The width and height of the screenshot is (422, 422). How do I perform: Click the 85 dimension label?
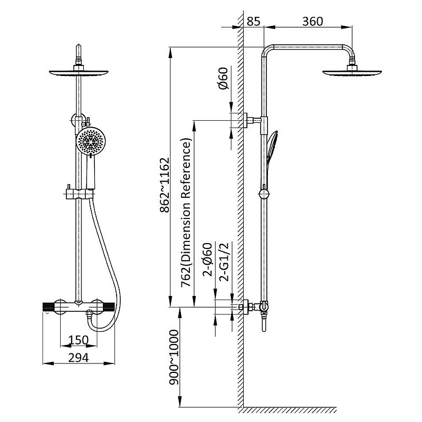pos(253,21)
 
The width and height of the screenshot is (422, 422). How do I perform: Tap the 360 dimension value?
pos(312,21)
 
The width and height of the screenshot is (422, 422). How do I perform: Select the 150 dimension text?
pos(78,340)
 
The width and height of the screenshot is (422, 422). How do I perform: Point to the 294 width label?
pos(78,358)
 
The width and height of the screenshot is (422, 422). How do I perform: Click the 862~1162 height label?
pos(165,185)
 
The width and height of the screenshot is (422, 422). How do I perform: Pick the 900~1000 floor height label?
pos(174,357)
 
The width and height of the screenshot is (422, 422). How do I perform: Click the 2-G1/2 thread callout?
pos(224,262)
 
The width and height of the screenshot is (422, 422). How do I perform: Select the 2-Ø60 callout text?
pos(208,260)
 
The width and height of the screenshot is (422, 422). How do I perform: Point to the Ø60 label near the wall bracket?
pos(223,78)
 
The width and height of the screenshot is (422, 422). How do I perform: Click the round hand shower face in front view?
pos(91,141)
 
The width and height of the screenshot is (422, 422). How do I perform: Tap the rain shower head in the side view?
pos(352,72)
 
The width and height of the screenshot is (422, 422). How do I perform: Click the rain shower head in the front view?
pos(79,72)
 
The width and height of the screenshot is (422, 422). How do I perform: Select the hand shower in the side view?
pos(271,149)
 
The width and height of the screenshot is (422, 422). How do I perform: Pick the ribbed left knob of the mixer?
pos(49,307)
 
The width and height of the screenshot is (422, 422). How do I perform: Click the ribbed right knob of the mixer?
pos(109,307)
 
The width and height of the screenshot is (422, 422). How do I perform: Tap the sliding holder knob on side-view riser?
pos(264,194)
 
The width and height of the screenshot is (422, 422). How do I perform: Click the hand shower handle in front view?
pos(91,172)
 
